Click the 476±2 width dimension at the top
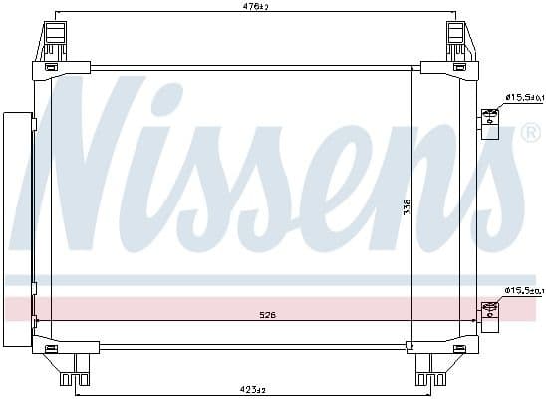pos(256,7)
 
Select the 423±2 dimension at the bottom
pos(253,388)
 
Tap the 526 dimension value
pos(269,315)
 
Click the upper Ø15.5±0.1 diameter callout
pos(522,97)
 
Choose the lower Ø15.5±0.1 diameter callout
pos(522,290)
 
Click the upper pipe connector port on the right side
pos(490,123)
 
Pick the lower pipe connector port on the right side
pos(490,314)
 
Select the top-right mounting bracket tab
pos(455,40)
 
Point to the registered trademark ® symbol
pos(531,133)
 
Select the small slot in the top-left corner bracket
pos(51,67)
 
